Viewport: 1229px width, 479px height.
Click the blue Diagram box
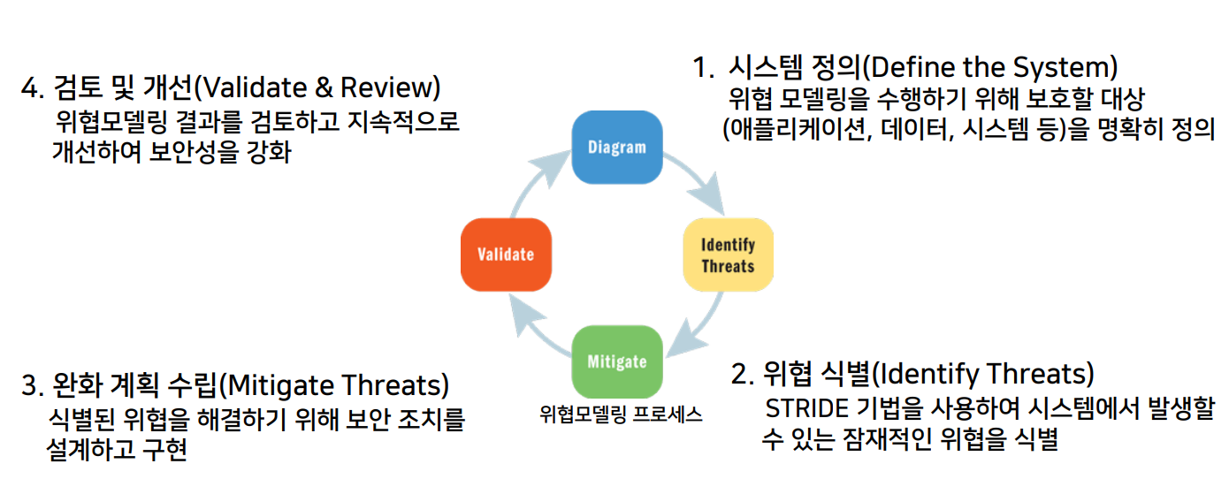click(x=617, y=147)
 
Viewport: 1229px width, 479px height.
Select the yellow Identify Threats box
click(x=728, y=255)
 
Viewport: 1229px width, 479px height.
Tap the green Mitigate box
click(x=617, y=361)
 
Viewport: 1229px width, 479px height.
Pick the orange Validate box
click(x=506, y=255)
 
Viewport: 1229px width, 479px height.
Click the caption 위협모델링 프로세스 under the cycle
click(x=621, y=414)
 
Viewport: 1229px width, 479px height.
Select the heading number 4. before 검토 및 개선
click(x=32, y=88)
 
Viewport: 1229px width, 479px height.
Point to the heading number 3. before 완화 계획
click(x=32, y=386)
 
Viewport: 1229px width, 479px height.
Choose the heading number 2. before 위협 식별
click(x=743, y=374)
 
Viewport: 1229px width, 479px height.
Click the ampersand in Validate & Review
click(x=322, y=88)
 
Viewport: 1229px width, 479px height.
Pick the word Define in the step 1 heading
click(x=915, y=68)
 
